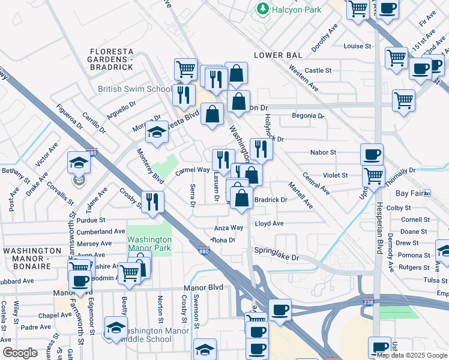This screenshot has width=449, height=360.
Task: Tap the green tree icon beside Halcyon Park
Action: tap(262, 9)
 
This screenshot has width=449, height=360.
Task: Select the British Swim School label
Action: tap(135, 89)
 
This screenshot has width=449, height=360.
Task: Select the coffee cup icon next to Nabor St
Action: tap(372, 154)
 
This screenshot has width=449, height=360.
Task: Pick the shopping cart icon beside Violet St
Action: tap(374, 176)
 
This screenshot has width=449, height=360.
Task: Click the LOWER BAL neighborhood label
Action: tap(277, 55)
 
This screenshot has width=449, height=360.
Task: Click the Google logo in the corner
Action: tap(20, 353)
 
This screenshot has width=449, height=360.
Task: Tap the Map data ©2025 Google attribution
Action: tap(412, 355)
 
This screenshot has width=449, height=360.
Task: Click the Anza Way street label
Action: tap(229, 228)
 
